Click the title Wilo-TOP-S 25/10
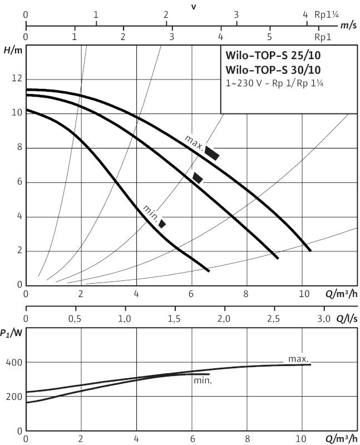pos(273,55)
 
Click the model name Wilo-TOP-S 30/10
pos(273,70)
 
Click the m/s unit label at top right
pos(348,26)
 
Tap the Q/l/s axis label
pos(346,319)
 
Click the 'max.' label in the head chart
pos(194,142)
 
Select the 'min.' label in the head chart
pos(151,212)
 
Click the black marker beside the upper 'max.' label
pos(212,152)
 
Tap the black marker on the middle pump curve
pos(198,178)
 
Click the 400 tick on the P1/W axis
pos(13,362)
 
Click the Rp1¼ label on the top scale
pos(328,15)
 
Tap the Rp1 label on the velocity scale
pos(323,37)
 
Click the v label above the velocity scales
pos(193,6)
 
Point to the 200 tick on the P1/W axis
pos(13,397)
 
